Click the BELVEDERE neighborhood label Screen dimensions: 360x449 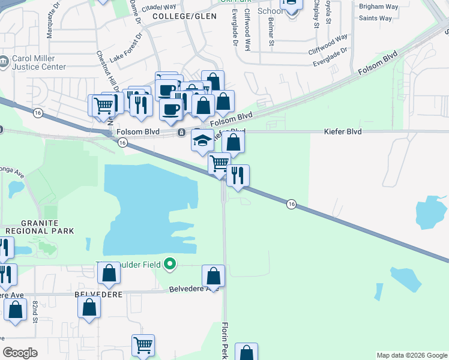98,295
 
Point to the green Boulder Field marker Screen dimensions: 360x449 170,263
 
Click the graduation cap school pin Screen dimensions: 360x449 202,141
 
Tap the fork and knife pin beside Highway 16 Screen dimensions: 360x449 238,176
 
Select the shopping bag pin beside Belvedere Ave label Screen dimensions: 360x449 213,277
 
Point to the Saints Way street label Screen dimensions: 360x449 375,19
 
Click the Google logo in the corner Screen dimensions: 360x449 20,353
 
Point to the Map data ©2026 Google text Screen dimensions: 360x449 412,355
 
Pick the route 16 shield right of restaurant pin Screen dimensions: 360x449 291,204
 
